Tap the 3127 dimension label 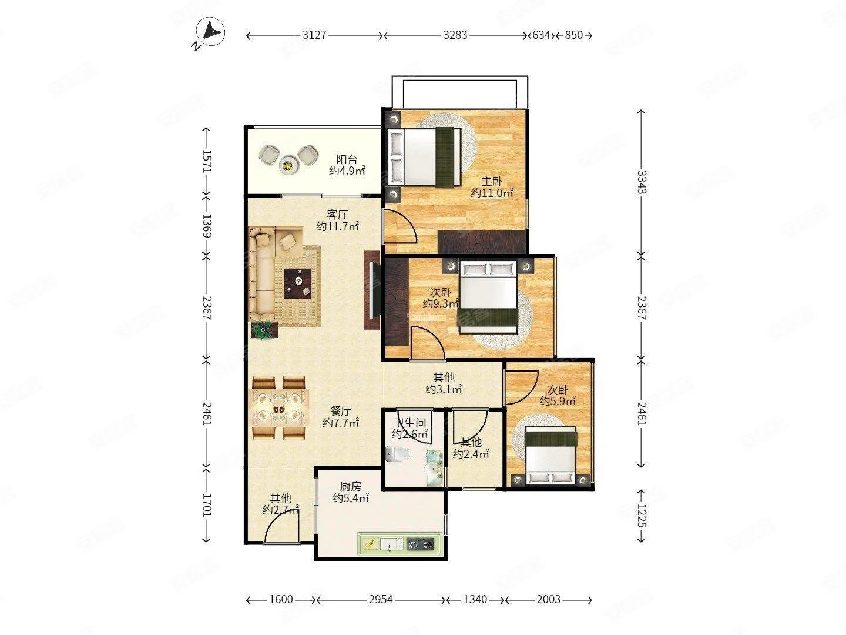(x=314, y=35)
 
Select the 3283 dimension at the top (x=455, y=35)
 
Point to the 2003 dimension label (x=548, y=600)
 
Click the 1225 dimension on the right (x=642, y=516)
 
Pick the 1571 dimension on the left (x=207, y=161)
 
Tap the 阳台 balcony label (x=347, y=159)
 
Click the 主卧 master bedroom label (x=492, y=181)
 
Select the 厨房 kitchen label (x=350, y=486)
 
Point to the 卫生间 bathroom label (x=409, y=423)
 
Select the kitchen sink (x=392, y=544)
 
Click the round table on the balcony (x=288, y=165)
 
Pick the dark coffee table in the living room (x=297, y=283)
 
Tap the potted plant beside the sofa (x=264, y=330)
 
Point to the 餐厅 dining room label (x=341, y=411)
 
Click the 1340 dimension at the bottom (x=475, y=600)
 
